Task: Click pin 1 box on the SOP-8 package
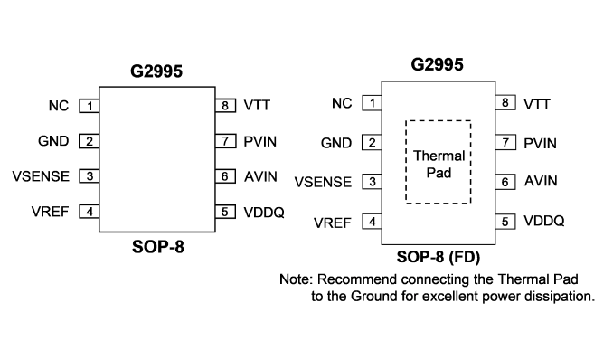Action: click(90, 106)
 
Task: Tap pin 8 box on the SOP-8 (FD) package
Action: click(505, 102)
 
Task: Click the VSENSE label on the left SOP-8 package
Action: click(41, 176)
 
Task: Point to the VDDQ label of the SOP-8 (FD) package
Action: click(544, 221)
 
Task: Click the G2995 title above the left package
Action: click(156, 71)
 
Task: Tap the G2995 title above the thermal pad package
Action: click(437, 64)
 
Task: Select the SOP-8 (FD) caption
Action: click(439, 257)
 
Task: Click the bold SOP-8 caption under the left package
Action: click(158, 247)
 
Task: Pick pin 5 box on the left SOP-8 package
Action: click(225, 212)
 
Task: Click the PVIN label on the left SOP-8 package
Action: click(260, 141)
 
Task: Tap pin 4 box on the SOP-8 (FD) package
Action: click(372, 222)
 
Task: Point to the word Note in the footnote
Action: click(295, 279)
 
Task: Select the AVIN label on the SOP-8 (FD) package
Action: click(541, 181)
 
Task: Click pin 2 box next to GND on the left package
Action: click(90, 141)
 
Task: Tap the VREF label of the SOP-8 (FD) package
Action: click(333, 223)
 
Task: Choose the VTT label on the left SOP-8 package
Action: click(257, 105)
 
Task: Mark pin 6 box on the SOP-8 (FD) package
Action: click(505, 182)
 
